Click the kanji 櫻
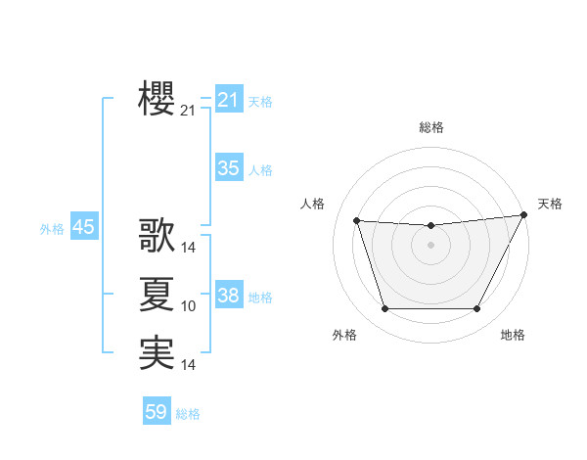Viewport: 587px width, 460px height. point(158,98)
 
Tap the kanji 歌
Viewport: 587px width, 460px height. point(158,236)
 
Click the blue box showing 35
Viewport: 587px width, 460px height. point(229,168)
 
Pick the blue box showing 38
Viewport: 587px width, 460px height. point(229,296)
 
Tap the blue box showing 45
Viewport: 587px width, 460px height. point(83,227)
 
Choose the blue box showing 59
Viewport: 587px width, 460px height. point(157,412)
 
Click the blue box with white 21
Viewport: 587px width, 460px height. point(229,100)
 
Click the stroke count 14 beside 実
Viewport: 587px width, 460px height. point(189,366)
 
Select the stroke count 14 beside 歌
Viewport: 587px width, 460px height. point(189,249)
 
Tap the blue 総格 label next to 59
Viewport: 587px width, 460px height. point(188,414)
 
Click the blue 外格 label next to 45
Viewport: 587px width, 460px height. point(52,229)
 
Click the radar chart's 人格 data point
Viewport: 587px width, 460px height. point(356,221)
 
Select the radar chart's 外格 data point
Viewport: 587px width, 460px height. point(384,309)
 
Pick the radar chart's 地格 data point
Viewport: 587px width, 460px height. point(476,309)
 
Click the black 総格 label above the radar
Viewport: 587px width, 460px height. point(431,127)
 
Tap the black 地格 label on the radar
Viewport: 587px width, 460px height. point(513,335)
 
